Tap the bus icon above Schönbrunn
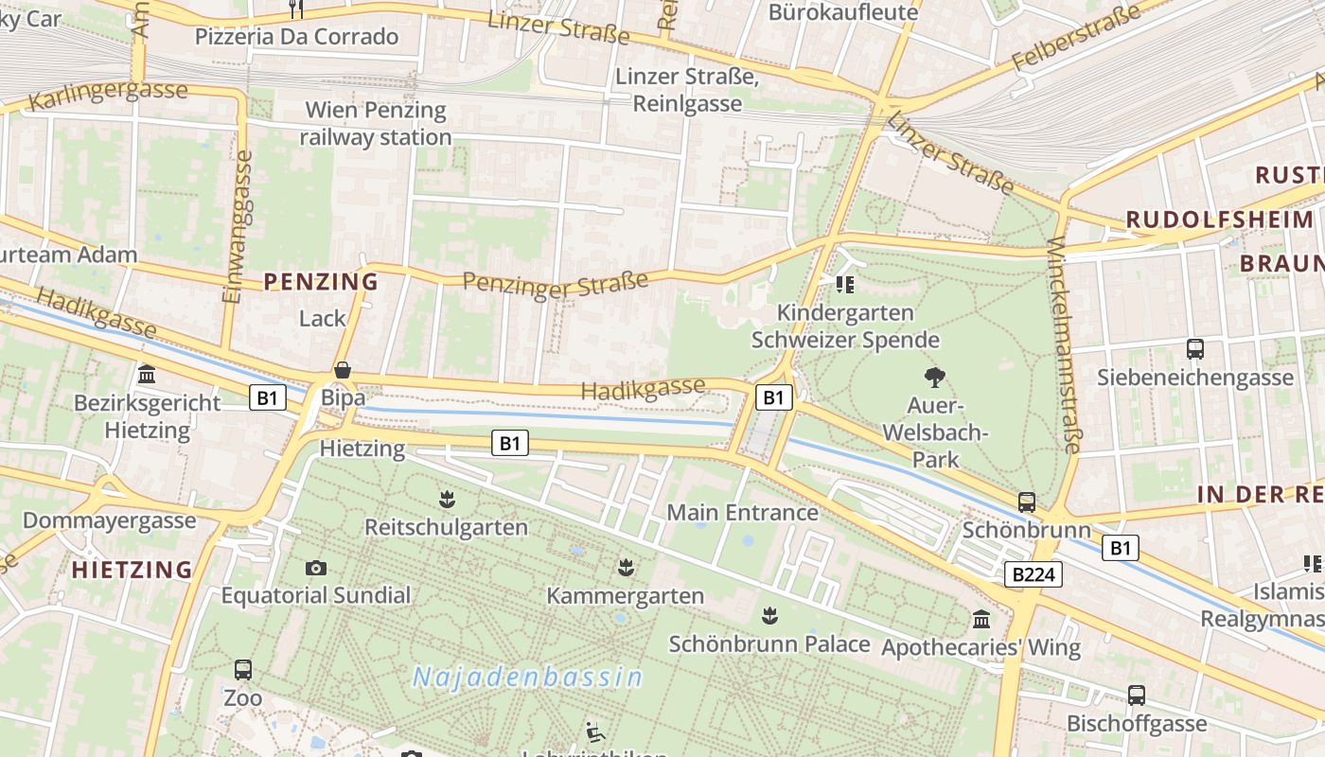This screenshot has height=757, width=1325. click(1027, 502)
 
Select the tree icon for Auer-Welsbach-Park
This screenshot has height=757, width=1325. click(935, 378)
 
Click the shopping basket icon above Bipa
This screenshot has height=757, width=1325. click(343, 370)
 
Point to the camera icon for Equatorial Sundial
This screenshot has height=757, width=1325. click(316, 568)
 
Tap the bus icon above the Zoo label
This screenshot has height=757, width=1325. click(243, 670)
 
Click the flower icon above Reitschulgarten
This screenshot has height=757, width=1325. click(447, 499)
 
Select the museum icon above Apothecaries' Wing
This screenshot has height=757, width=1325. click(981, 620)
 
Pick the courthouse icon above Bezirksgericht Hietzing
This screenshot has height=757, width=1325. click(147, 375)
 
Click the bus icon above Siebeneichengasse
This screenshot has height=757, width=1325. click(1195, 349)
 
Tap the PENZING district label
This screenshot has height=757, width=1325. click(321, 281)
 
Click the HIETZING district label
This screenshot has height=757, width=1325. click(132, 570)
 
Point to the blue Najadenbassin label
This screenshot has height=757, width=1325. click(528, 678)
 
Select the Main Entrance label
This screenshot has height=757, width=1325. click(742, 513)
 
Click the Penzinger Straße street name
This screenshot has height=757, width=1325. click(556, 283)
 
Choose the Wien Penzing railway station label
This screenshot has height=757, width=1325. click(376, 123)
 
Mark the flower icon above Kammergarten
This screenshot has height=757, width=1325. click(625, 568)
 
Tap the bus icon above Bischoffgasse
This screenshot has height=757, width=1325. click(1137, 695)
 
